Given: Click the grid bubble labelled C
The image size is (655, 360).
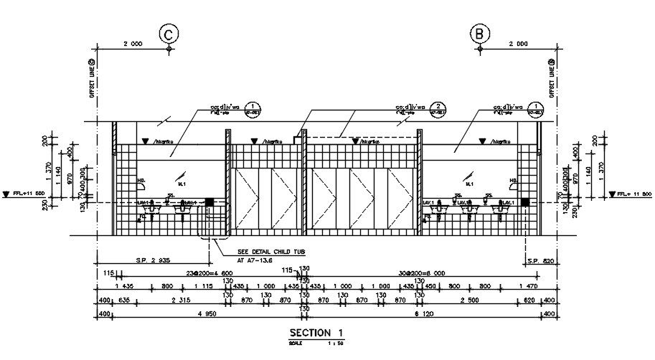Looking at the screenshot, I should click(x=169, y=33).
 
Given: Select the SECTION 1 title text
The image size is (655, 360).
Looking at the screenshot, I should click(x=316, y=333).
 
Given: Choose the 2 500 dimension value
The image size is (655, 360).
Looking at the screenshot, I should click(x=468, y=300).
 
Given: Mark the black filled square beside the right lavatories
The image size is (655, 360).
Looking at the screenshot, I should click(x=525, y=203).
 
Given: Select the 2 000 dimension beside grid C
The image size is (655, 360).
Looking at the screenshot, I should click(x=133, y=44).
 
